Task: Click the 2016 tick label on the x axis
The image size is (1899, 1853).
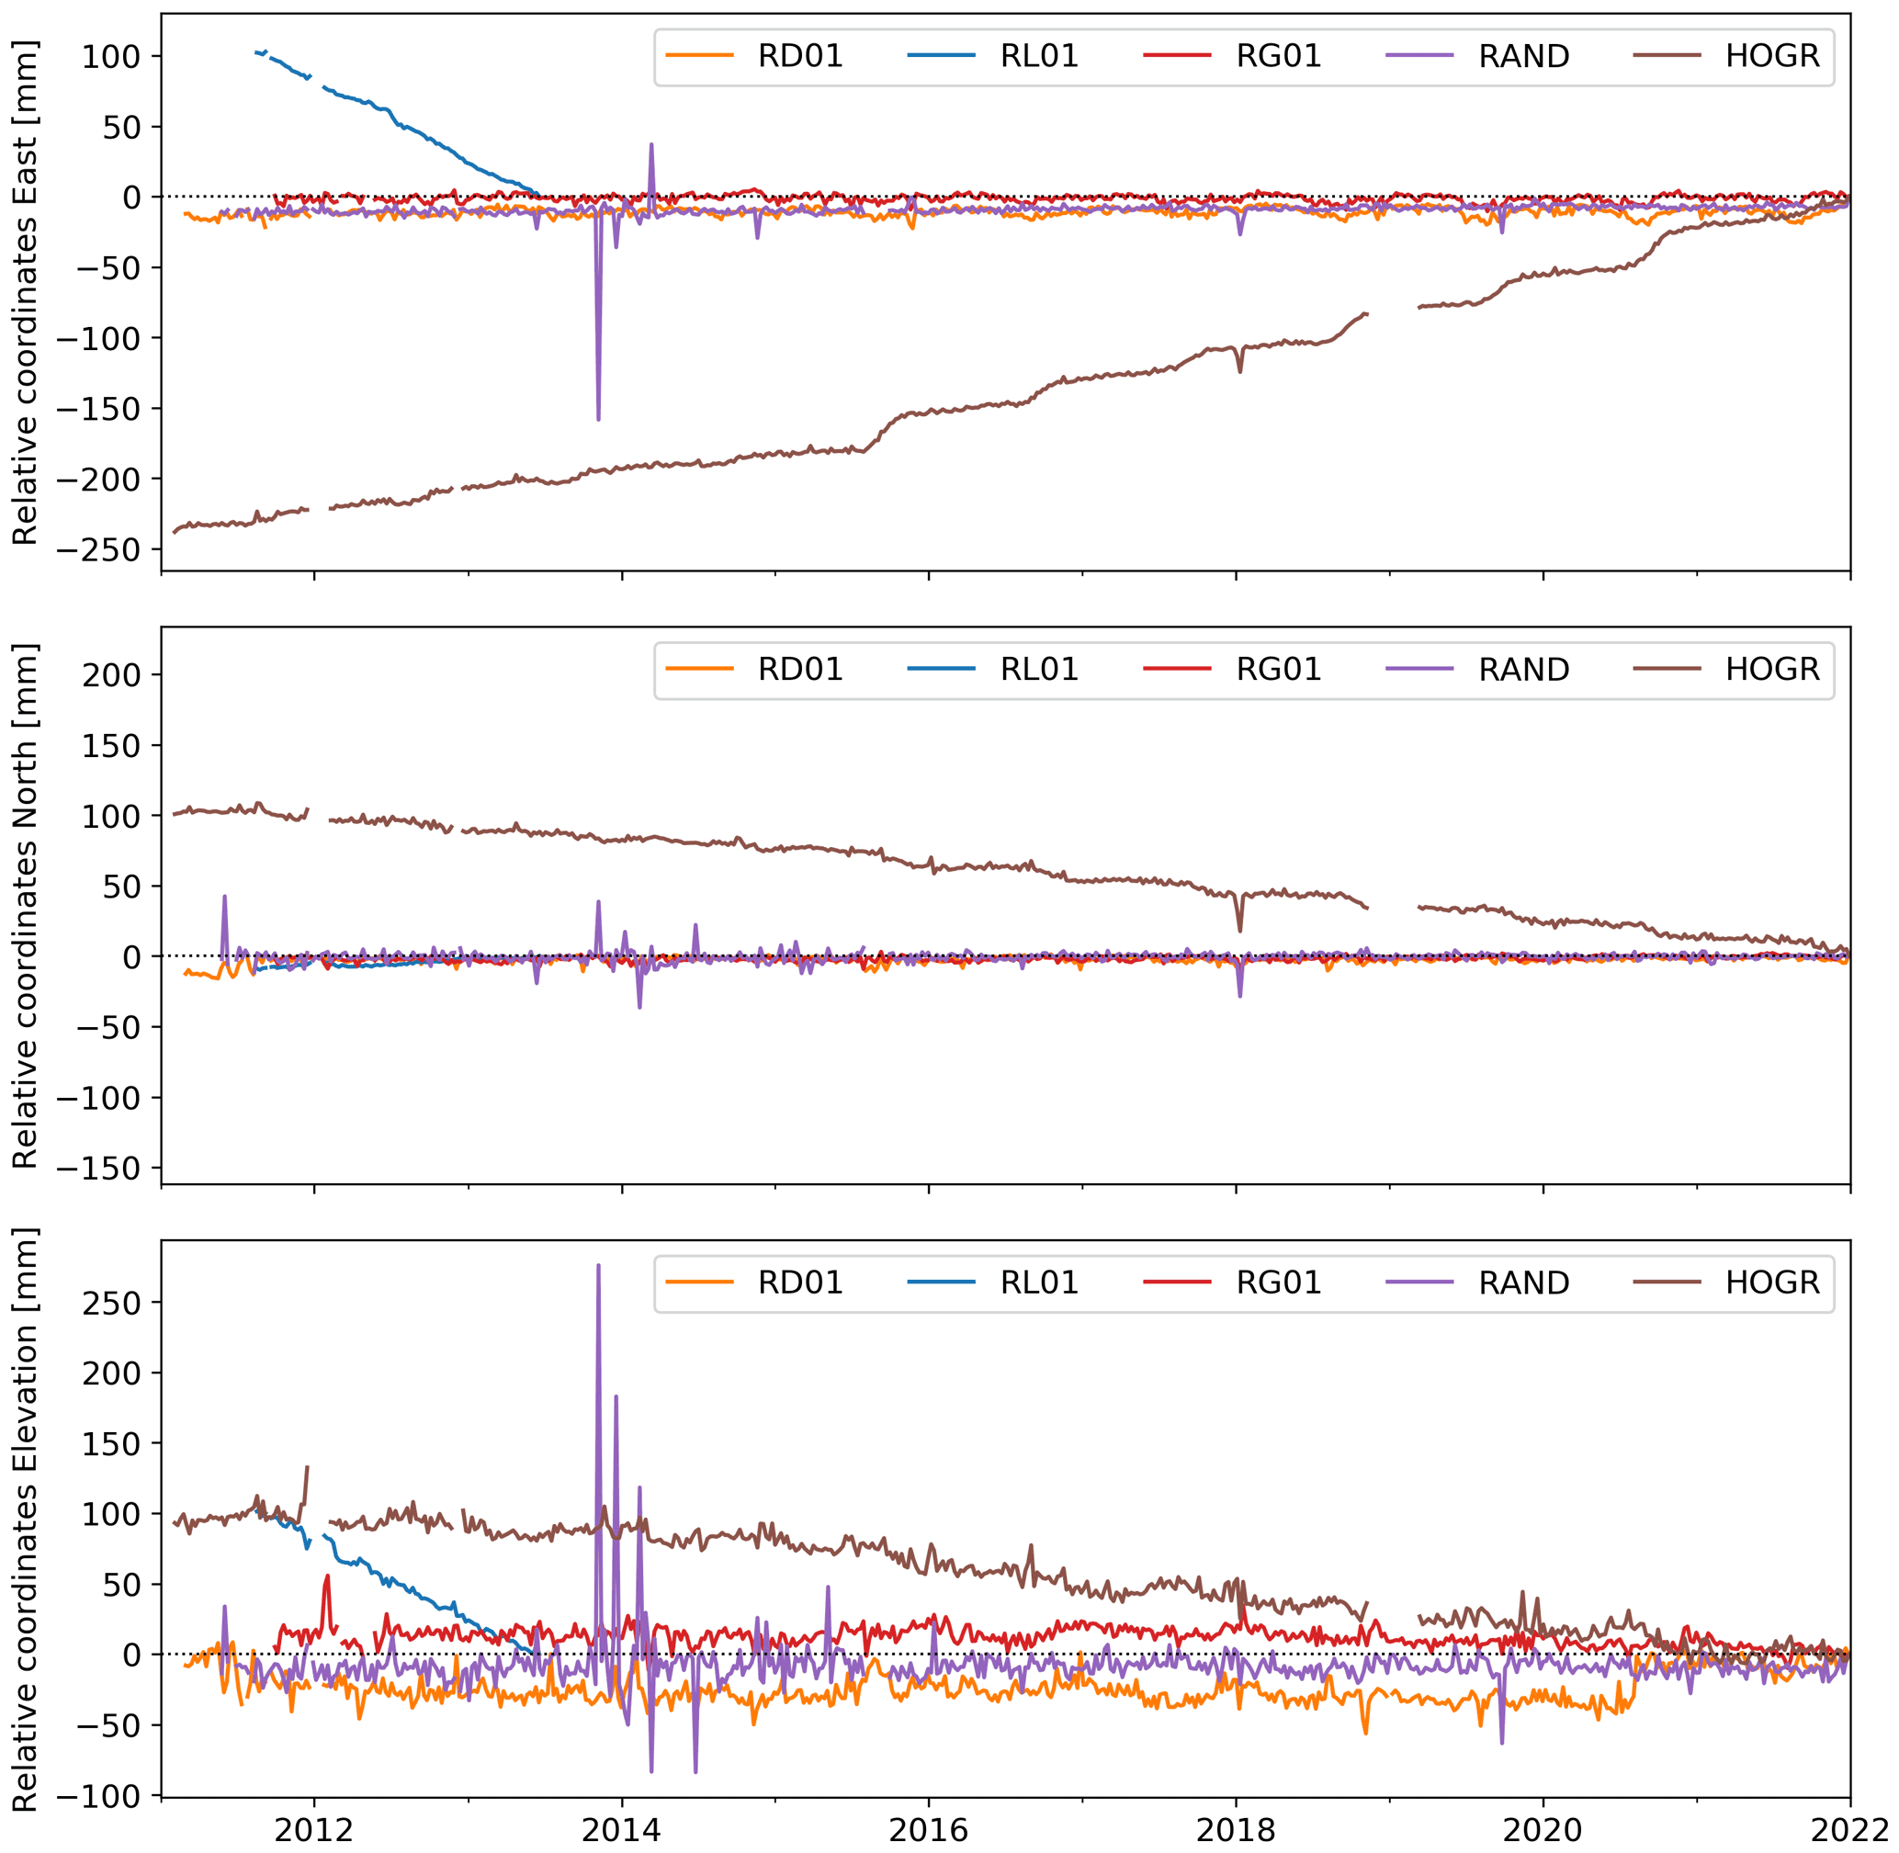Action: [929, 1831]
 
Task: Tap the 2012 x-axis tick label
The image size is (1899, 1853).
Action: [313, 1831]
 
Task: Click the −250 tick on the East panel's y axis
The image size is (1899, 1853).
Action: [98, 550]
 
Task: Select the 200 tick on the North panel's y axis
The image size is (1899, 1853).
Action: [111, 674]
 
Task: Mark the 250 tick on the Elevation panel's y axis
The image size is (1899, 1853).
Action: [111, 1303]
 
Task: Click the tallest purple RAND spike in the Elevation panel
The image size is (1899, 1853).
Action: [598, 1266]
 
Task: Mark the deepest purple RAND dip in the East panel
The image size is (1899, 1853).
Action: [598, 419]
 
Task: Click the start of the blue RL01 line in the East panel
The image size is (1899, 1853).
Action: [256, 52]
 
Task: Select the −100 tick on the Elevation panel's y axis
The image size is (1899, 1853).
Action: [98, 1795]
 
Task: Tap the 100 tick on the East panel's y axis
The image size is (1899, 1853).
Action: [111, 56]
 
